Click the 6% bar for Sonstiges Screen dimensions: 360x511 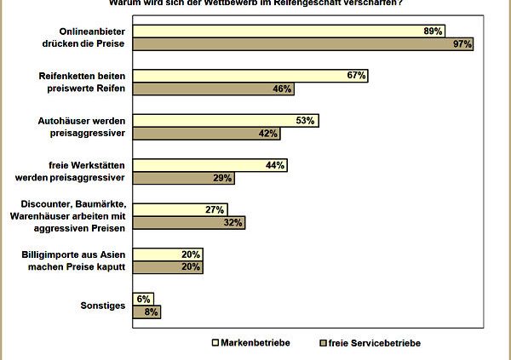(144, 299)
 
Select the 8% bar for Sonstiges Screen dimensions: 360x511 (146, 311)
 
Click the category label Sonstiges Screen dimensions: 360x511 (103, 305)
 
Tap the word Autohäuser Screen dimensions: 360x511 (69, 121)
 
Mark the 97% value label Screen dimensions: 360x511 (462, 43)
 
